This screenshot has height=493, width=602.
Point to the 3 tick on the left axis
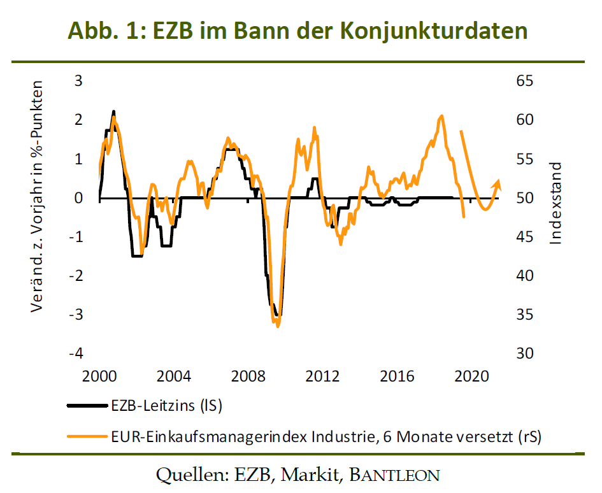pos(78,81)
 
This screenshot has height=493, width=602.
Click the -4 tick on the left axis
pos(75,354)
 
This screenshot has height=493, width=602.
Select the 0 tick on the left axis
pos(78,198)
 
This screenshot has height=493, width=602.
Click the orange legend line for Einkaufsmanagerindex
pos(87,436)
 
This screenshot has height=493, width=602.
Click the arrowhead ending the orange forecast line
pos(498,183)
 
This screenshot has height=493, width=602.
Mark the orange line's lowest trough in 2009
pos(277,325)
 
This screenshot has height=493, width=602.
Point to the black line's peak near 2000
pos(113,112)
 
